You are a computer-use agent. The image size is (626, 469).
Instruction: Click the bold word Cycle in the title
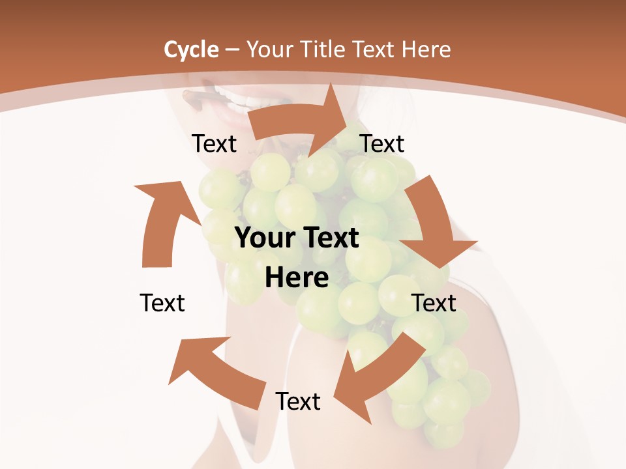[x=191, y=50]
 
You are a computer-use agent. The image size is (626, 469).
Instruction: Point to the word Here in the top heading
[x=426, y=50]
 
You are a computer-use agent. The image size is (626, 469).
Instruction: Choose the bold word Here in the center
[x=297, y=277]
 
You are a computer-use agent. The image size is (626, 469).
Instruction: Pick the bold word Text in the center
[x=329, y=238]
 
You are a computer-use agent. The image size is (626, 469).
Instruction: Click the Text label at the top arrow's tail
[x=214, y=143]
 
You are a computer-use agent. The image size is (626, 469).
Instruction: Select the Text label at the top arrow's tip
[x=382, y=143]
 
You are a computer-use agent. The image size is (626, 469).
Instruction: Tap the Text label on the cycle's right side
[x=434, y=303]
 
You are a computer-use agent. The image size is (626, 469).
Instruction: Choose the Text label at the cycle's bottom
[x=298, y=401]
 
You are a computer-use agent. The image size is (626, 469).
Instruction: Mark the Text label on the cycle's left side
[x=162, y=303]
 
